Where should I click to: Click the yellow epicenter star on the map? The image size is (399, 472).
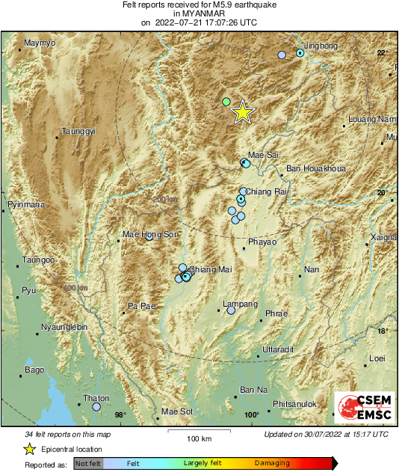[242, 112]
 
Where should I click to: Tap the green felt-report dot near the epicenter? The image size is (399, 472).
[226, 101]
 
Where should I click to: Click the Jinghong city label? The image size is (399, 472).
[321, 46]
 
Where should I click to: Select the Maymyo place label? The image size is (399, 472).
[40, 43]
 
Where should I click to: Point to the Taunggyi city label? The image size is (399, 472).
[78, 132]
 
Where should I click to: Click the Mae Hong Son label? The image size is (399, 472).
[150, 235]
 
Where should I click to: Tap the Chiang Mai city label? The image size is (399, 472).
[209, 269]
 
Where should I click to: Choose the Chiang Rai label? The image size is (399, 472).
[267, 191]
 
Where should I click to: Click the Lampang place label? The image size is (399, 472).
[241, 304]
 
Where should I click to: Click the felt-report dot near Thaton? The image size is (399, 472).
[96, 407]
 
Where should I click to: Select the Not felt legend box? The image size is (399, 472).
[87, 464]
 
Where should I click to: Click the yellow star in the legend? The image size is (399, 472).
[29, 450]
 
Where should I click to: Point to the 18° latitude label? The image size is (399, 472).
[382, 331]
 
